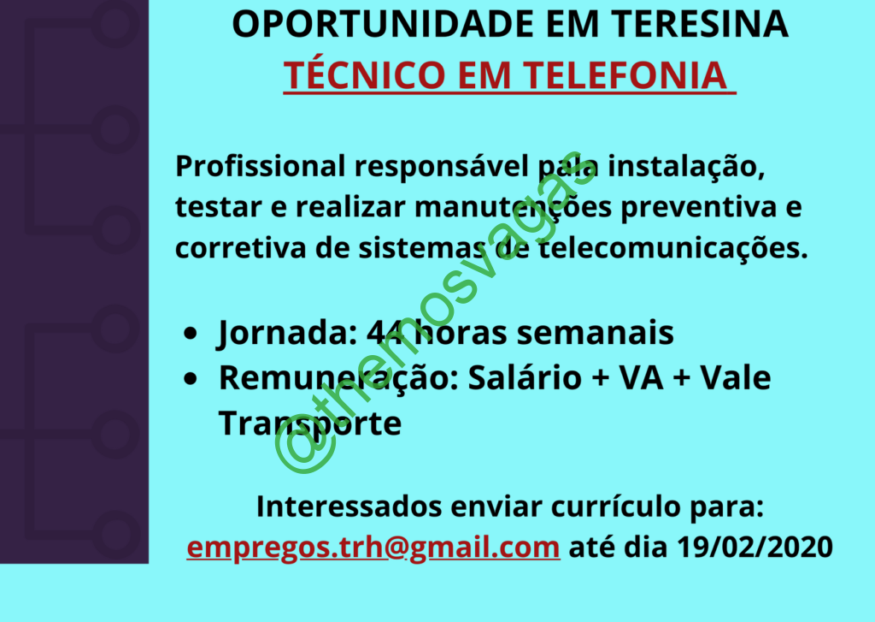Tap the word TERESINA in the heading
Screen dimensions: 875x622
(700, 24)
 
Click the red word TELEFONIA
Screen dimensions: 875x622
(625, 75)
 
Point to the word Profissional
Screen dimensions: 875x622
(261, 166)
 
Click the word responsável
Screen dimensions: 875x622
(442, 167)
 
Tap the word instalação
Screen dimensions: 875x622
(686, 167)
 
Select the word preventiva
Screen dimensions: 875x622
(698, 207)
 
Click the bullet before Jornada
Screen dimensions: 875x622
(191, 333)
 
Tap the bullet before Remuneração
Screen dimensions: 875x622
(191, 378)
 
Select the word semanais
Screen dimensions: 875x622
(595, 333)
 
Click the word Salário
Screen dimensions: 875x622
(525, 377)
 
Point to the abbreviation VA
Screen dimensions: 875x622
(641, 378)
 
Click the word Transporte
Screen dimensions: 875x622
(309, 424)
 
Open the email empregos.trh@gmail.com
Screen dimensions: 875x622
(373, 547)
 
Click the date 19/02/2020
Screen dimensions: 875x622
(755, 547)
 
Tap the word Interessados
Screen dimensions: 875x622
(349, 506)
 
